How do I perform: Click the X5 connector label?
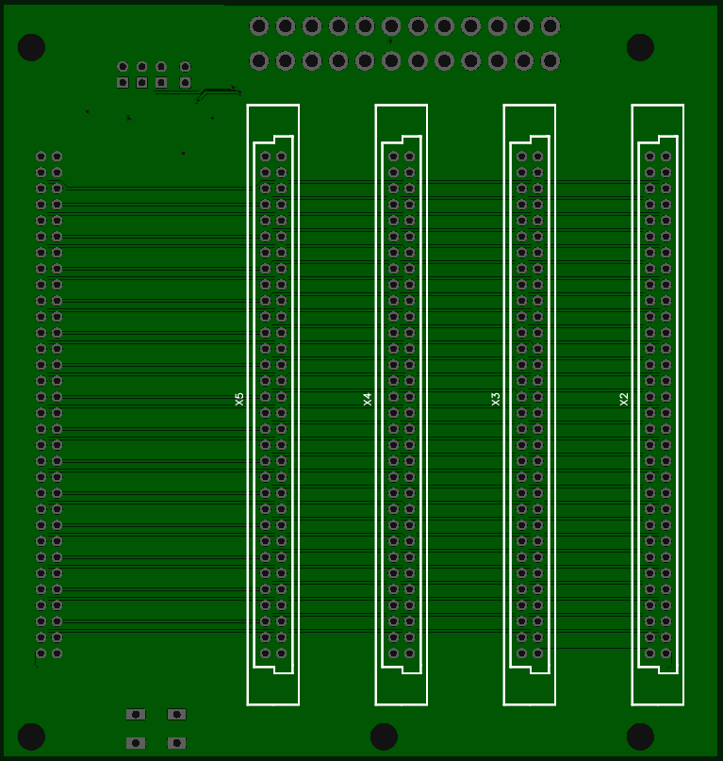[239, 400]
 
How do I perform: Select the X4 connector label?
[368, 400]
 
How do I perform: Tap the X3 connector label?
[496, 400]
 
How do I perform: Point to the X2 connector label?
[624, 400]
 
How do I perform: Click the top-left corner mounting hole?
[31, 47]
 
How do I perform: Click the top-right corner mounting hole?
[640, 47]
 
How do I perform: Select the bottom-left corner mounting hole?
[31, 736]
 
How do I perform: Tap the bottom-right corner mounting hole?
[640, 736]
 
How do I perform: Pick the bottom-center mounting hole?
[384, 736]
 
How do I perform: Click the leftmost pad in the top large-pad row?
[259, 26]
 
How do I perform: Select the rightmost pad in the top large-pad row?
[550, 26]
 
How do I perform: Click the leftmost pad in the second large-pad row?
[259, 61]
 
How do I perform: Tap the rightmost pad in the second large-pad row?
[550, 61]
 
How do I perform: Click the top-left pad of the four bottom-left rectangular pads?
[136, 715]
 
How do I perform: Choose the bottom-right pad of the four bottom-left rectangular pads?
[176, 743]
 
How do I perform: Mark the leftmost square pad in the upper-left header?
[123, 82]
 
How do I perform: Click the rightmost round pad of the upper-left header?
[185, 66]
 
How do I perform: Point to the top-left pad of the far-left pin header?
[41, 157]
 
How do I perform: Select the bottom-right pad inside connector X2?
[665, 653]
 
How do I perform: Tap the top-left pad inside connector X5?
[266, 157]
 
